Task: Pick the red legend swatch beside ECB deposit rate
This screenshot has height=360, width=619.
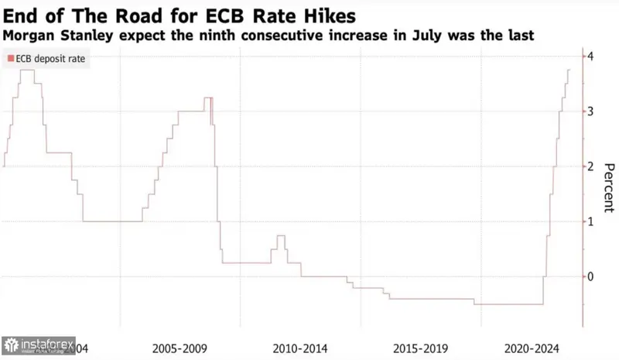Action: (9, 59)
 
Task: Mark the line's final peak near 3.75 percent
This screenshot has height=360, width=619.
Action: (569, 70)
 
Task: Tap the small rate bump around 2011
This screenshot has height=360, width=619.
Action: (280, 236)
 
